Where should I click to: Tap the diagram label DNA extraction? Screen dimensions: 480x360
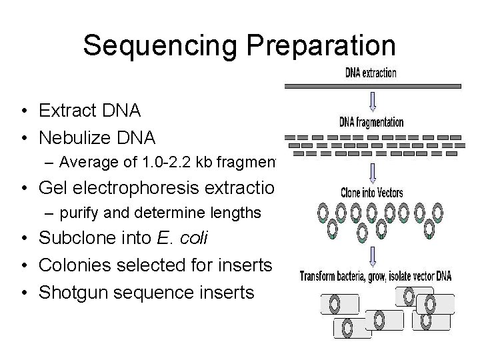point(371,73)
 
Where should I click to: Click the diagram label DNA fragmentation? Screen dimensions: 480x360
point(371,122)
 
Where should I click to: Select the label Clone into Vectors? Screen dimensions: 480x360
point(371,194)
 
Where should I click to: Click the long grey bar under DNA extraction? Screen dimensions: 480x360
point(372,86)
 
